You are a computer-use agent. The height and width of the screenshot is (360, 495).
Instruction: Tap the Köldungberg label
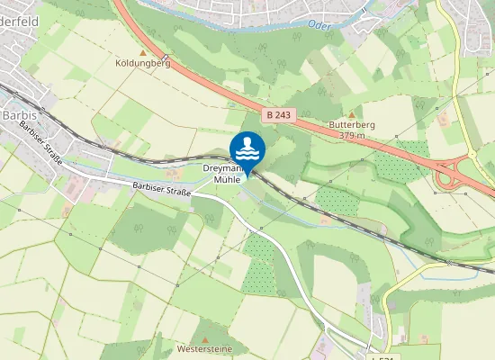tap(142, 64)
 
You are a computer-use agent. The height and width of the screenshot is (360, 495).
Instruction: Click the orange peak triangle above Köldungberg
tap(142, 53)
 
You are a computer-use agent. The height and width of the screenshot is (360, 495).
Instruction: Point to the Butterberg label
tap(351, 124)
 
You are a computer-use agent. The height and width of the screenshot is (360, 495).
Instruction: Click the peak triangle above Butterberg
tap(352, 113)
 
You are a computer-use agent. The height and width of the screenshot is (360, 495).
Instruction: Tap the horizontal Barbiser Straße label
tap(161, 187)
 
